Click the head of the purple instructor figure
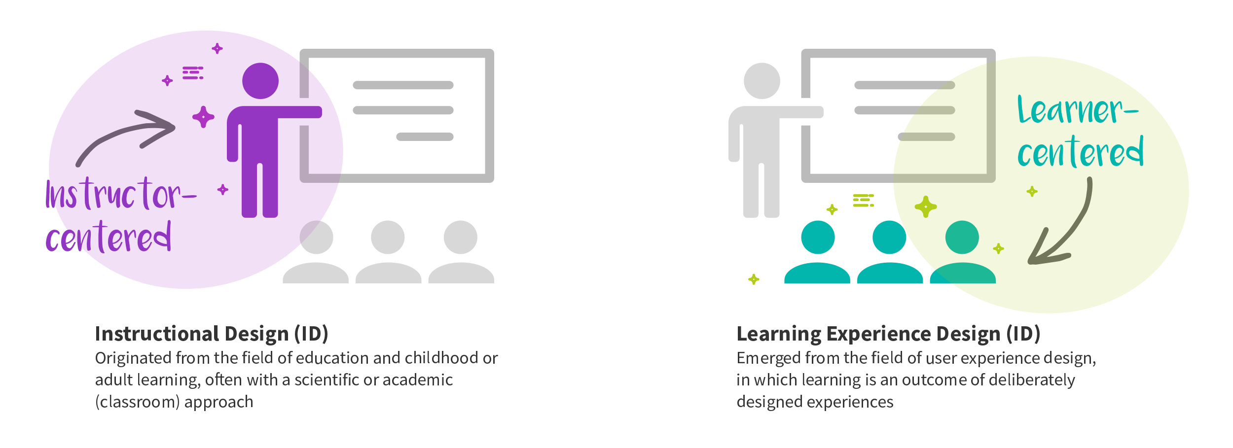pos(260,81)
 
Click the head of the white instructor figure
pos(762,81)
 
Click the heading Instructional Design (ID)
pos(212,334)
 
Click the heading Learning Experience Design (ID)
pos(888,334)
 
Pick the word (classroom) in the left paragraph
pos(138,402)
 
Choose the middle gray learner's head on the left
pos(388,237)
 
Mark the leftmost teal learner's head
pos(818,237)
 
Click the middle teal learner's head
pos(889,237)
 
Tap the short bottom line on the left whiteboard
pos(425,137)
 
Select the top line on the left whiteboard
pos(403,85)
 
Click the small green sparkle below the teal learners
pos(754,279)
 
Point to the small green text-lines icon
pos(863,200)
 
